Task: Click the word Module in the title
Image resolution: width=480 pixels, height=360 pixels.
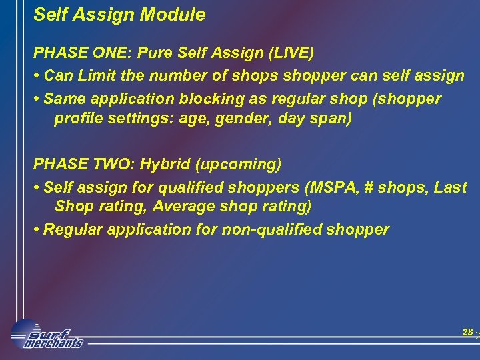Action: (176, 15)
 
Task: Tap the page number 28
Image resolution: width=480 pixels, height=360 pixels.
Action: (467, 332)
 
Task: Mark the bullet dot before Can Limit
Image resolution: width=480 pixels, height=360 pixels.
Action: (37, 76)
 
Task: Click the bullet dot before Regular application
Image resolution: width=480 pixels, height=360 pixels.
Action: (37, 230)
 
